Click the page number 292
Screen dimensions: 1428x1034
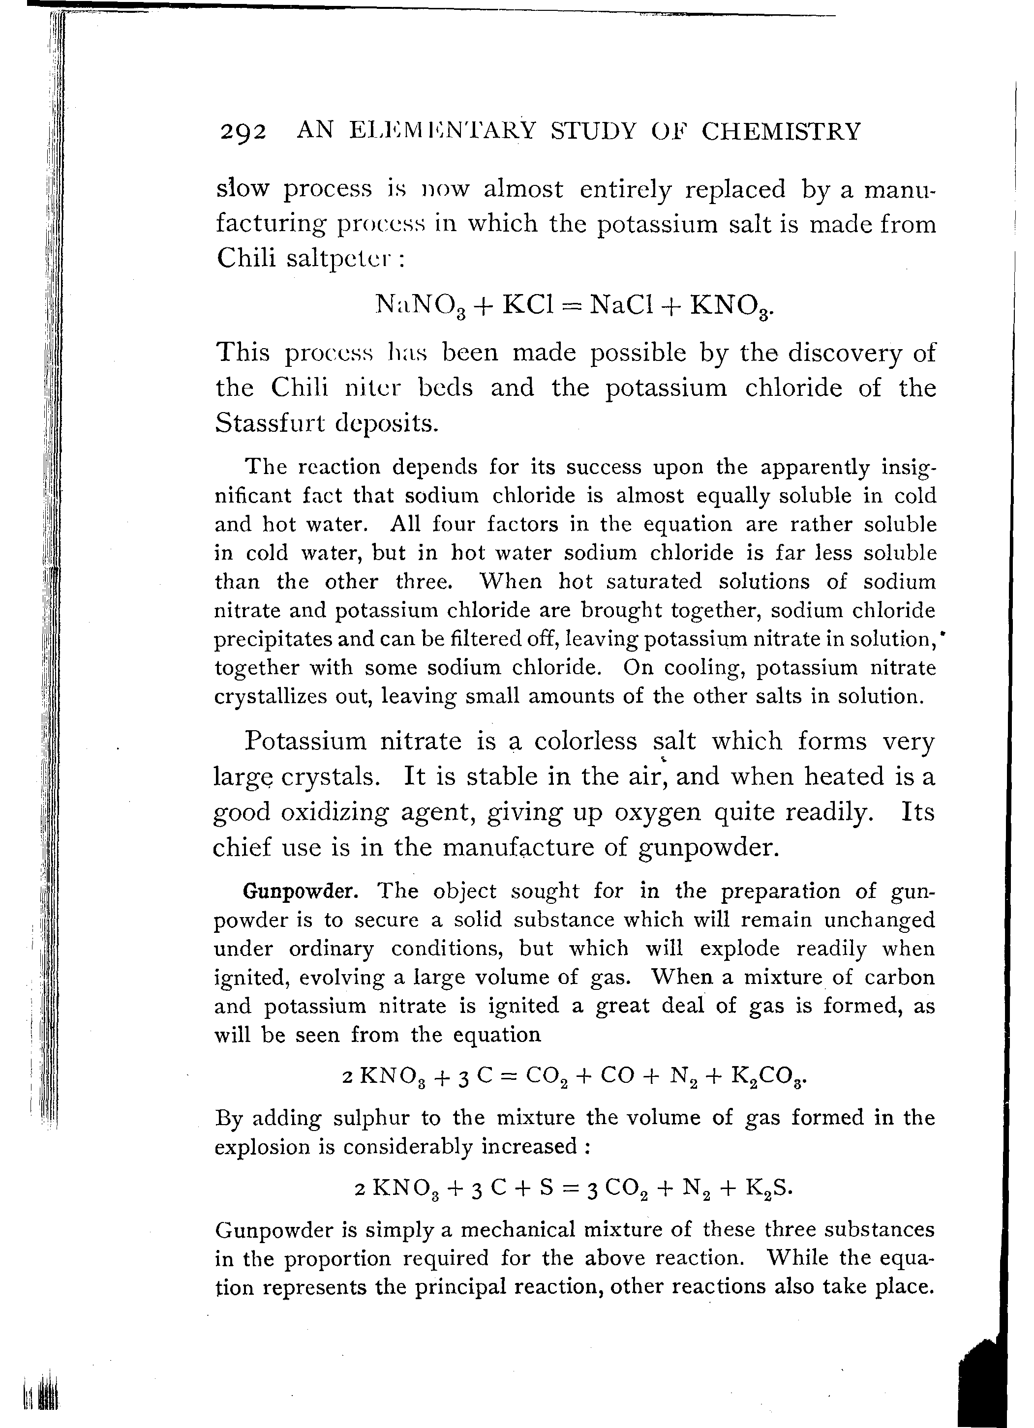[243, 132]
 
